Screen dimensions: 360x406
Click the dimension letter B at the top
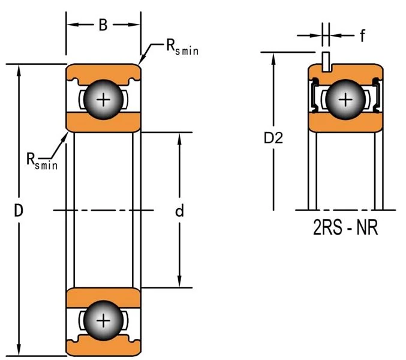click(103, 25)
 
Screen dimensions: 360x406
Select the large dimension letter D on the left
click(19, 211)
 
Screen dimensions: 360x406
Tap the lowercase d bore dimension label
click(179, 211)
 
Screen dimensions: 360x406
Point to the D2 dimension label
click(273, 138)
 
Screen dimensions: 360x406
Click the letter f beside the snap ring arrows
click(362, 36)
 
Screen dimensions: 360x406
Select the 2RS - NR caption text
click(345, 229)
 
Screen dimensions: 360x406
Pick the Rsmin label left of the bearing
click(41, 160)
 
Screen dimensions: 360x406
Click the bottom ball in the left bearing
click(104, 320)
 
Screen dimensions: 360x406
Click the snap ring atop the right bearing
click(326, 61)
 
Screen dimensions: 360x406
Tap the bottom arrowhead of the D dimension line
click(20, 350)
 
